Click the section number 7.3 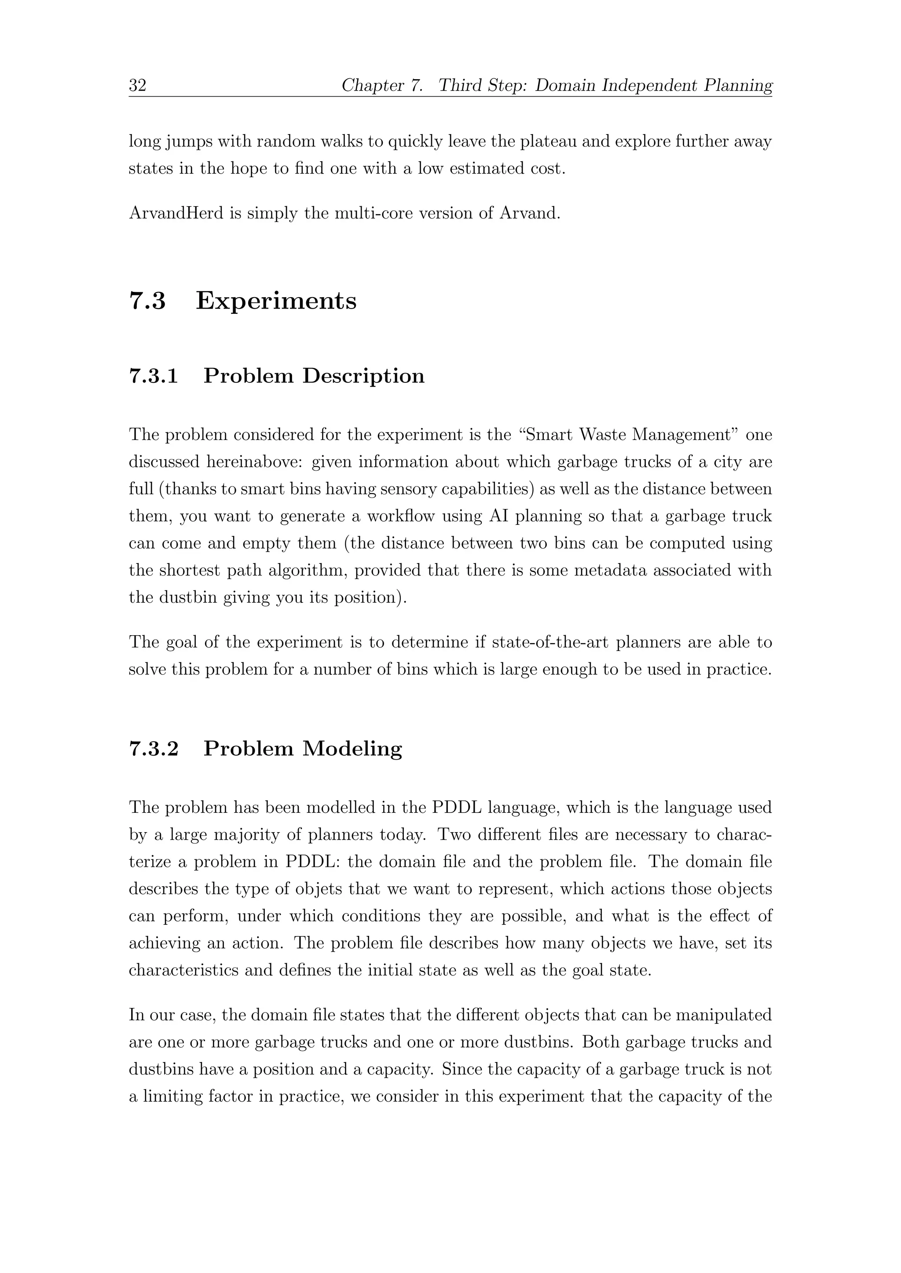point(147,301)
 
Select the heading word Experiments point(276,301)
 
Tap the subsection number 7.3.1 point(154,376)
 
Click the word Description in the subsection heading point(363,376)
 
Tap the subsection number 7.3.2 point(154,749)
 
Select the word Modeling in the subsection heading point(352,749)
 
